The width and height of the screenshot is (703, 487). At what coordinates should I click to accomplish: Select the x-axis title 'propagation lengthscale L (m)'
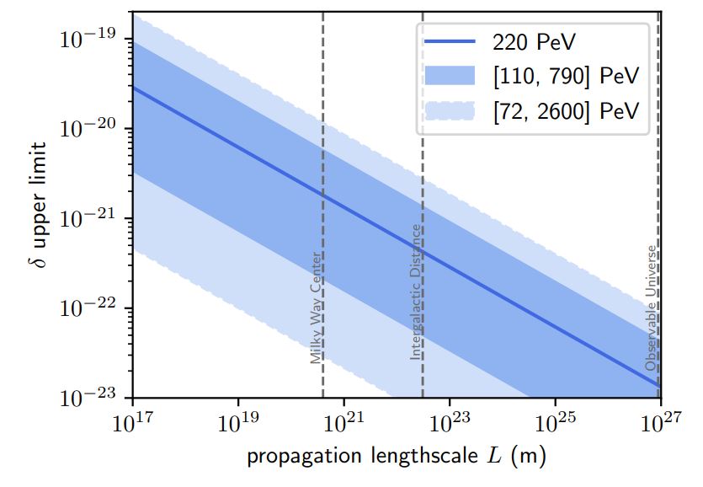(x=397, y=458)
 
